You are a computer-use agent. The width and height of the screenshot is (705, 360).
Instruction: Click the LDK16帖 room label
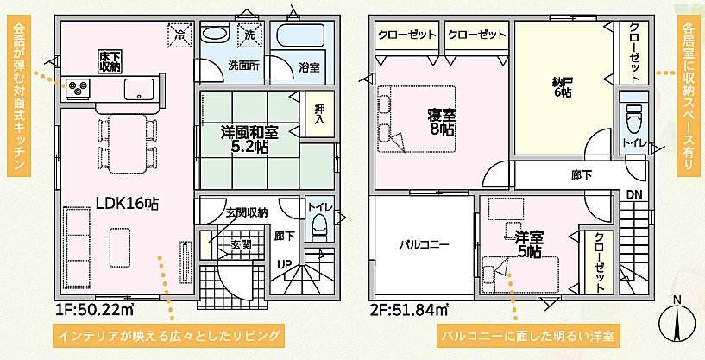point(126,204)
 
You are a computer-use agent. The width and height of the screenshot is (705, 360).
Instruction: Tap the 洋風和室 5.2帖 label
point(249,140)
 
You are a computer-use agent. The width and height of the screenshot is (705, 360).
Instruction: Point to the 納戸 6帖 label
point(563,87)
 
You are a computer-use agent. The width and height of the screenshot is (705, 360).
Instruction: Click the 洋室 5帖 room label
point(528,243)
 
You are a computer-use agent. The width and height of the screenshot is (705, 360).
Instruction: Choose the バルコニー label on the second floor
point(424,244)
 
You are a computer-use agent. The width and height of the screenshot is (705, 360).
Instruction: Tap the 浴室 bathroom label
point(309,66)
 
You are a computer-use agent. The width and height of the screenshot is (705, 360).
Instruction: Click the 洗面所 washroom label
point(242,65)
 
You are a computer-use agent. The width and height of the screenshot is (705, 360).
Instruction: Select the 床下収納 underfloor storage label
point(109,60)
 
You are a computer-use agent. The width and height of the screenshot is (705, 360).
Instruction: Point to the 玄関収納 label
point(247,212)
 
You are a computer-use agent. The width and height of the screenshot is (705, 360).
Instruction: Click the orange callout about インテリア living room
point(168,335)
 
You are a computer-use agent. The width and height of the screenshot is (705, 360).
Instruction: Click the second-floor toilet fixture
point(634,117)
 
